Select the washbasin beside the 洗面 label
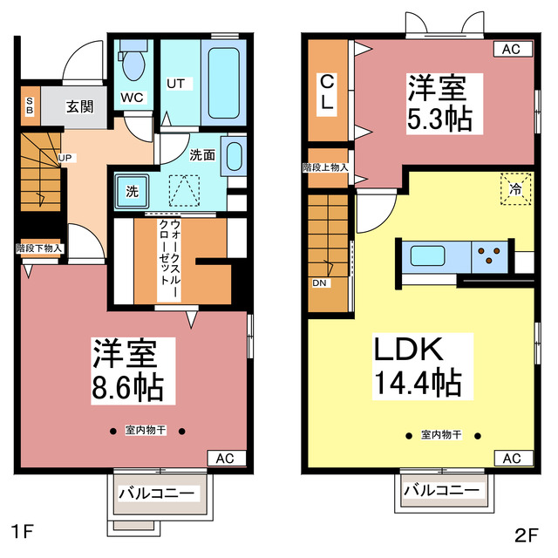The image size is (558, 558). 234,155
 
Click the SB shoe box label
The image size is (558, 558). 29,106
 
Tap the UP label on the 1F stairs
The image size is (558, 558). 65,158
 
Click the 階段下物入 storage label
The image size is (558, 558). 39,248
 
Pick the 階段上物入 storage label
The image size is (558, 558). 326,167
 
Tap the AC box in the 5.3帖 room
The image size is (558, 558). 512,50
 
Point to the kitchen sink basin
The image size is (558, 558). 428,256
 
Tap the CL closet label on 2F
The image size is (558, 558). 326,92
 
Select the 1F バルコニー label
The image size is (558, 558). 157,493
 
